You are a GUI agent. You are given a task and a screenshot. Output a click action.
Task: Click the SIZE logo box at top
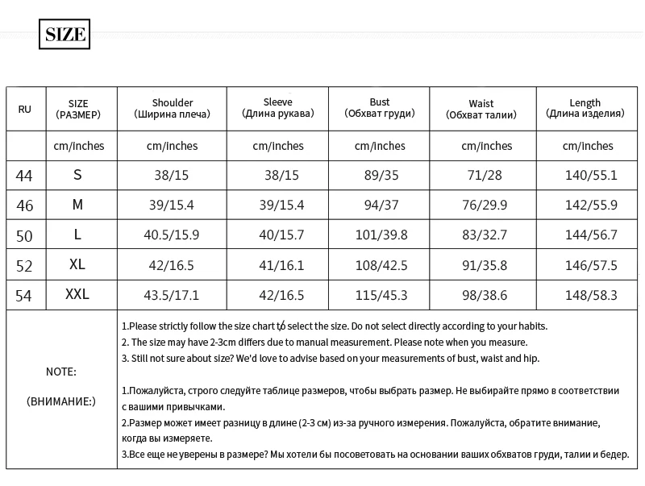(64, 35)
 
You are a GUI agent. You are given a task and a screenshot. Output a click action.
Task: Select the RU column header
(25, 109)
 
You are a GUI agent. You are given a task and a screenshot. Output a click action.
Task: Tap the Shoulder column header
(172, 109)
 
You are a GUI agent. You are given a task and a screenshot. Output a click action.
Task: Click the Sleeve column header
(278, 108)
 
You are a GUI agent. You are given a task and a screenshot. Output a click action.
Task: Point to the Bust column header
(379, 108)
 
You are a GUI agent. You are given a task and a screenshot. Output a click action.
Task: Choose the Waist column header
(481, 109)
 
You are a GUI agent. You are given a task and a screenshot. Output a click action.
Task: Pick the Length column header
(585, 108)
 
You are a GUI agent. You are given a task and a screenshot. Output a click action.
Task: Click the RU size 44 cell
(25, 175)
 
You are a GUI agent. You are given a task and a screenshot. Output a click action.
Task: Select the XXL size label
(77, 295)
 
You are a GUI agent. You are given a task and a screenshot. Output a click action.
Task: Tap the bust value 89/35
(380, 175)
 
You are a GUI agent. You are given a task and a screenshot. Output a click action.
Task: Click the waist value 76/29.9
(487, 205)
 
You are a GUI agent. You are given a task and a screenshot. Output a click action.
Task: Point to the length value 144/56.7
(591, 235)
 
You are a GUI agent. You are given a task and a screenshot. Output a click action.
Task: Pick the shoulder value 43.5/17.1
(171, 296)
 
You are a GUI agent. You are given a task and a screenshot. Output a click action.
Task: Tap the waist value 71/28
(487, 175)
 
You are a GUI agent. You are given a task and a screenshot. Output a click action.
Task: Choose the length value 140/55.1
(591, 175)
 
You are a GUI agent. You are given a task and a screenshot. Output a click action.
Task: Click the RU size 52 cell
(25, 265)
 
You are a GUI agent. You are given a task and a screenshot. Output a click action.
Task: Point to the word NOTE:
(61, 372)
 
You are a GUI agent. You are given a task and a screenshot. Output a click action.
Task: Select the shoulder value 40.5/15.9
(171, 235)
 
